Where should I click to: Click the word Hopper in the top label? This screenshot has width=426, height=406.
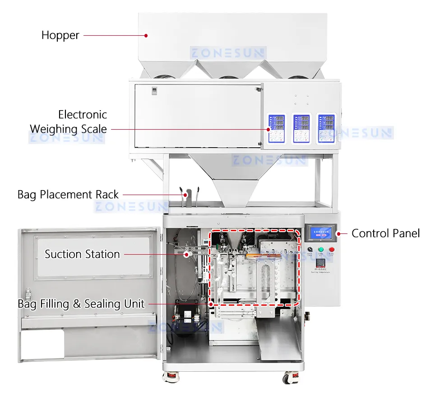tap(60, 35)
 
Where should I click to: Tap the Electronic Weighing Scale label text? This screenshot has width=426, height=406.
tap(69, 122)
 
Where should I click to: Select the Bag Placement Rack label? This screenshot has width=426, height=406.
tap(68, 195)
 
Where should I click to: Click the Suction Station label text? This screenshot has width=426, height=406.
tap(82, 254)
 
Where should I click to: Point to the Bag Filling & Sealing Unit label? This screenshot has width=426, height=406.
tap(81, 304)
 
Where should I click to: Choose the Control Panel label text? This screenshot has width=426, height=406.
tap(385, 233)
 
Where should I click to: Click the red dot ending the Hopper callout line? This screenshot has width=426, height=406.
tap(146, 35)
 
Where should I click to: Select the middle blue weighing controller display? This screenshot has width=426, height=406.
tap(301, 128)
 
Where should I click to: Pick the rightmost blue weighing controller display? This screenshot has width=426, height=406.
tap(326, 128)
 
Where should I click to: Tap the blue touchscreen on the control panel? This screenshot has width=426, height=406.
tap(320, 233)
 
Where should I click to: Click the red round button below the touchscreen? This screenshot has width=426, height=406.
tap(332, 249)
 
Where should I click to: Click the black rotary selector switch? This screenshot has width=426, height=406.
tap(310, 249)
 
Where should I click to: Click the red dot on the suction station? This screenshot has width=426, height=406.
tap(185, 255)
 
